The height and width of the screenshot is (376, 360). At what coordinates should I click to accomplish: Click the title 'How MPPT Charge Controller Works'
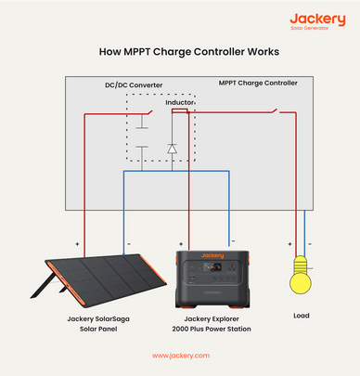[180, 53]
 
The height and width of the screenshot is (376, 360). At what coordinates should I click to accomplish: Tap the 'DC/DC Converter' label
[134, 85]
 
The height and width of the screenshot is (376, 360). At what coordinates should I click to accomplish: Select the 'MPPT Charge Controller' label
[259, 84]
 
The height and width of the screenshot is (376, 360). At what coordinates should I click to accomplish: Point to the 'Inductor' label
[180, 102]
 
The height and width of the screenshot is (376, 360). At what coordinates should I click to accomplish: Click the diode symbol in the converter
[172, 148]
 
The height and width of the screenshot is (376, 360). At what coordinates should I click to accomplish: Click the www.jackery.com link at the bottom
[180, 355]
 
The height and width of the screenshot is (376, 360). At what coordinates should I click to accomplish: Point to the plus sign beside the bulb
[289, 244]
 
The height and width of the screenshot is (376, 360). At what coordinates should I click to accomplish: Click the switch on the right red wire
[275, 112]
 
